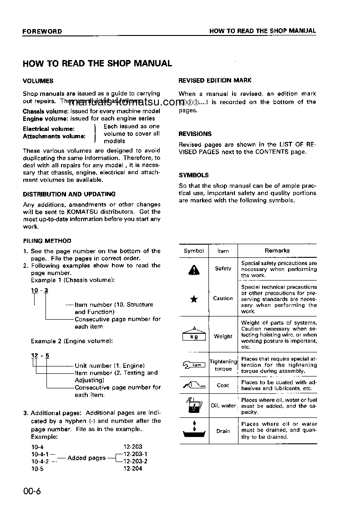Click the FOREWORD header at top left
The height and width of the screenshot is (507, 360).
click(42, 31)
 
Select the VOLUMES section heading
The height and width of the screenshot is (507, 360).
click(38, 81)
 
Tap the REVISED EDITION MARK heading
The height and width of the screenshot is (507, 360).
click(215, 80)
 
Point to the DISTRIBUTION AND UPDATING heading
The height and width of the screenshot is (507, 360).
click(69, 194)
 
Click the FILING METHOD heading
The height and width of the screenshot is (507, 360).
click(47, 241)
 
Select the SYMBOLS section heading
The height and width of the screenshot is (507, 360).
click(193, 175)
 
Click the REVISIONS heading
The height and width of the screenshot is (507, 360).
click(195, 134)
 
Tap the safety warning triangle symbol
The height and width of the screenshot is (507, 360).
click(193, 270)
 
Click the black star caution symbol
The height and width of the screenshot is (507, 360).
click(193, 299)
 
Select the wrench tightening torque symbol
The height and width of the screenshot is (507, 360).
click(193, 365)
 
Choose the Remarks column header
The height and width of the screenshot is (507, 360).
click(277, 251)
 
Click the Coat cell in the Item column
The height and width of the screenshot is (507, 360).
click(223, 385)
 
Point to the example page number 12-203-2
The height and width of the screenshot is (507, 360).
click(136, 461)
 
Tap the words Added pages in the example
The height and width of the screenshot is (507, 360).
click(86, 458)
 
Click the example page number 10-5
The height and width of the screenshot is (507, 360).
click(37, 468)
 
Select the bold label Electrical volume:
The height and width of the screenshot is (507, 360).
click(49, 129)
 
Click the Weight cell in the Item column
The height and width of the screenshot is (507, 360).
click(223, 336)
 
